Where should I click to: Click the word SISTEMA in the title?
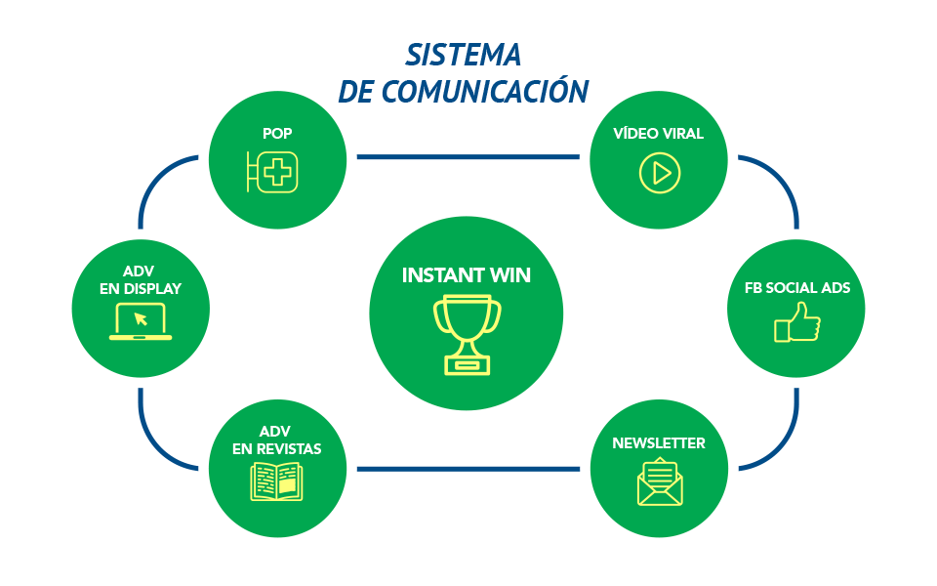(463, 54)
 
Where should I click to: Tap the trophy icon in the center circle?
(467, 333)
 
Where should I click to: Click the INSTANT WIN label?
(467, 275)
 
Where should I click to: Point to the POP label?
(277, 134)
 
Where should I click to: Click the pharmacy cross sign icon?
(273, 173)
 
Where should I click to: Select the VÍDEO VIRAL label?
(658, 134)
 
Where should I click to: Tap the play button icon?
(660, 173)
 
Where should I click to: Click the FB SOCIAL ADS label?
(796, 288)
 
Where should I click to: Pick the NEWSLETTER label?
(659, 443)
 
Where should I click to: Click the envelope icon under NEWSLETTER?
(660, 482)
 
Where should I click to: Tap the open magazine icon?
(276, 481)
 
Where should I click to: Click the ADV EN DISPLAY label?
(141, 279)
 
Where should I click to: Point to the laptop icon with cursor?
(141, 321)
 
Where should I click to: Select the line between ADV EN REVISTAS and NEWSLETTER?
(468, 469)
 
